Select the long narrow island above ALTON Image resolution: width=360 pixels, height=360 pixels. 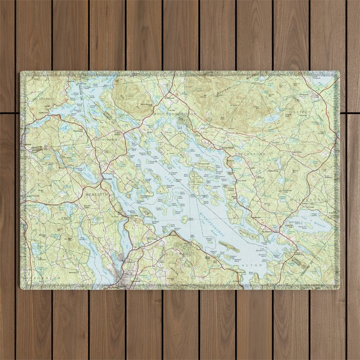pyautogui.click(x=229, y=247)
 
